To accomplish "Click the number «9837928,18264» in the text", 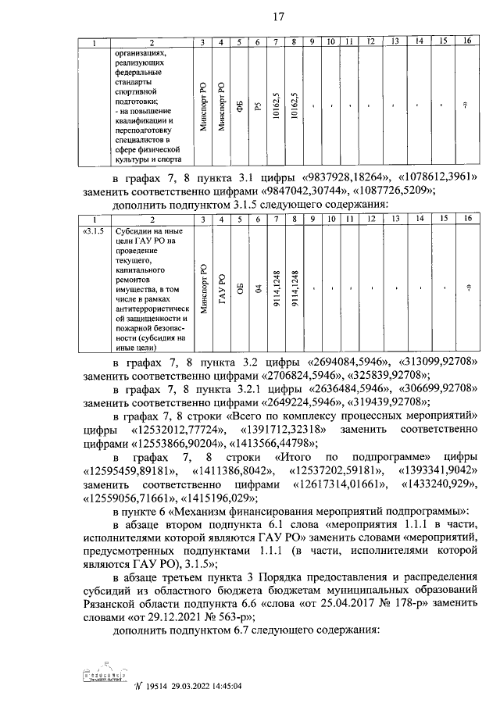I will (341, 178).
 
